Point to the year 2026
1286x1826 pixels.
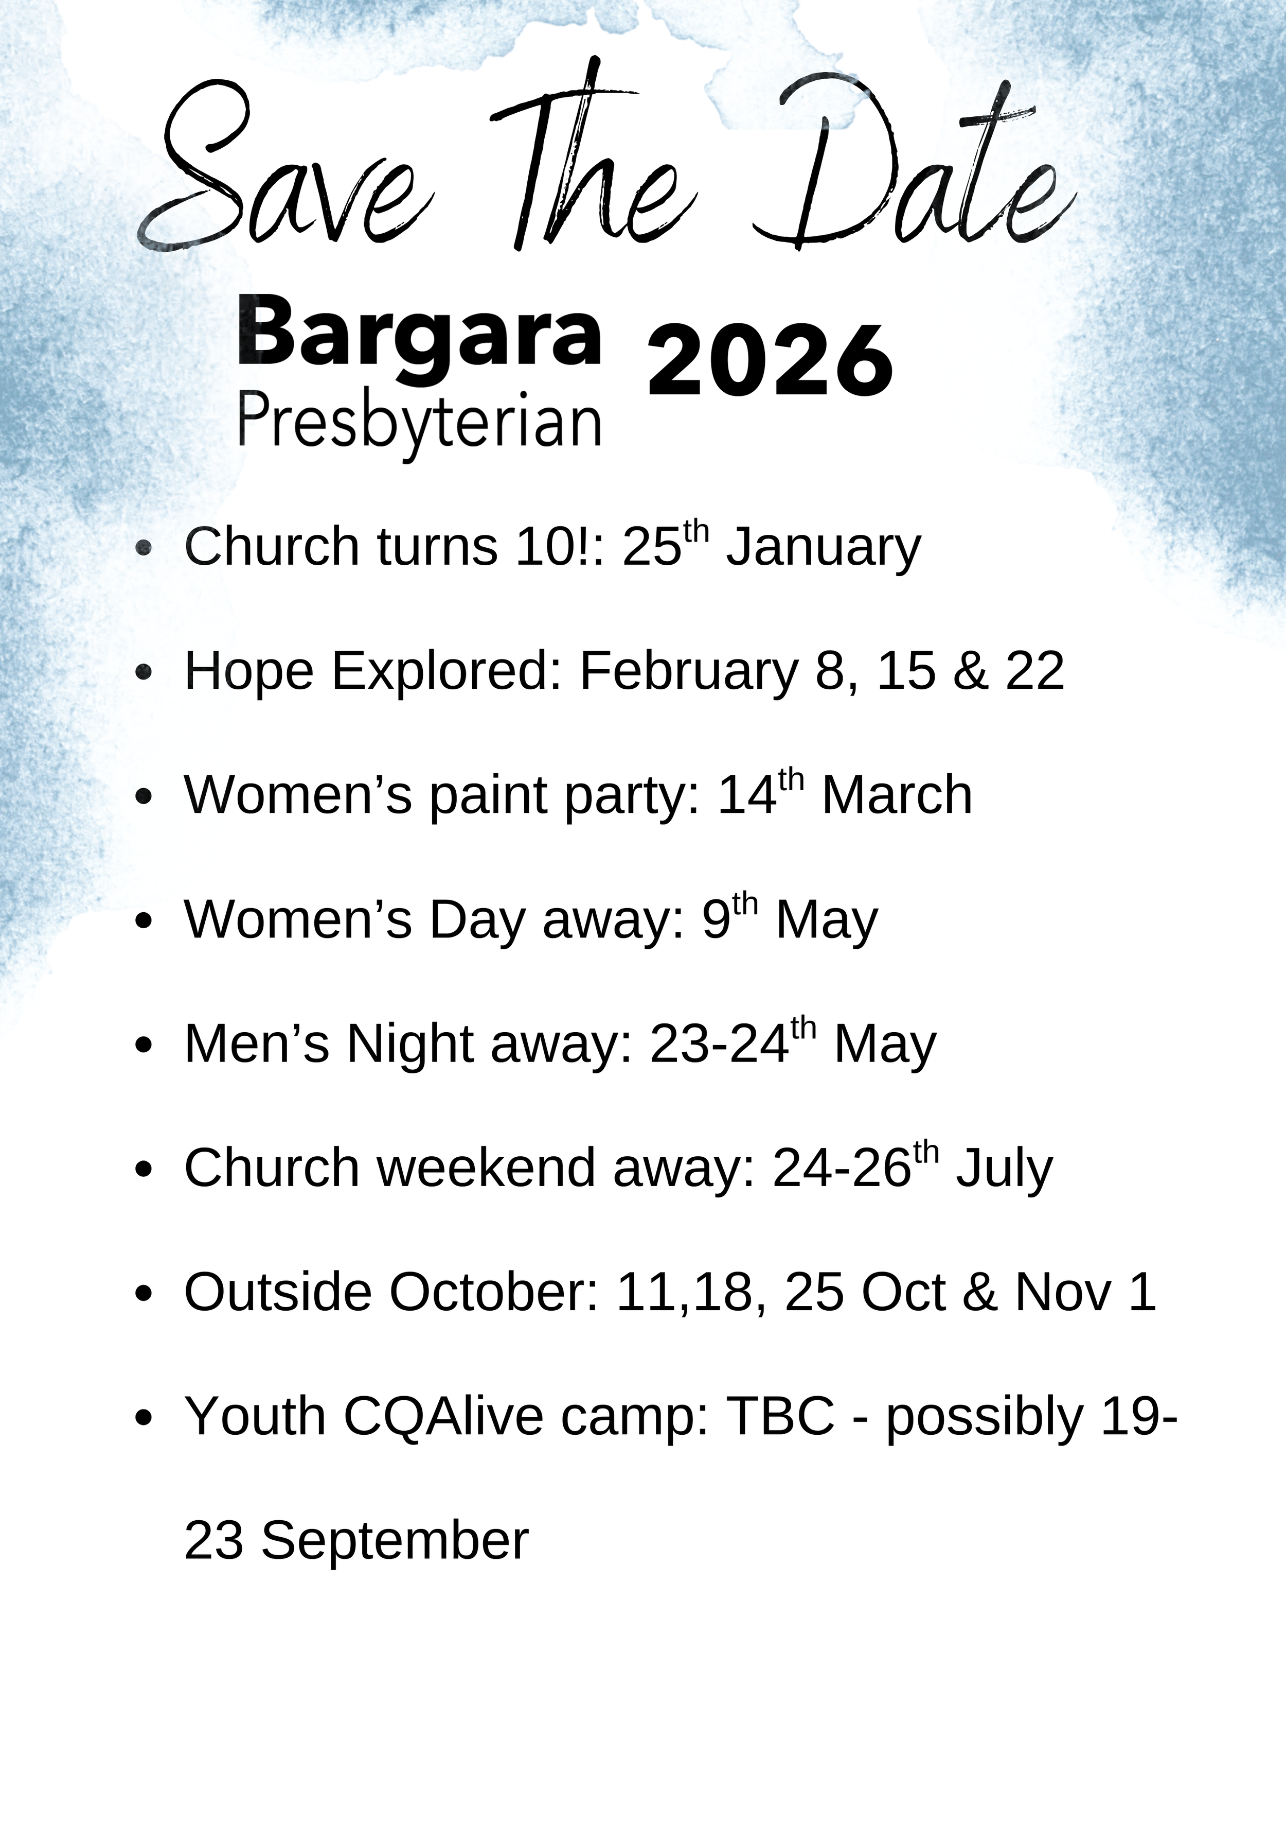pos(770,362)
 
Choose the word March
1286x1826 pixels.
pos(897,795)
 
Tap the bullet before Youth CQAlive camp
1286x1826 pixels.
pos(144,1417)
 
